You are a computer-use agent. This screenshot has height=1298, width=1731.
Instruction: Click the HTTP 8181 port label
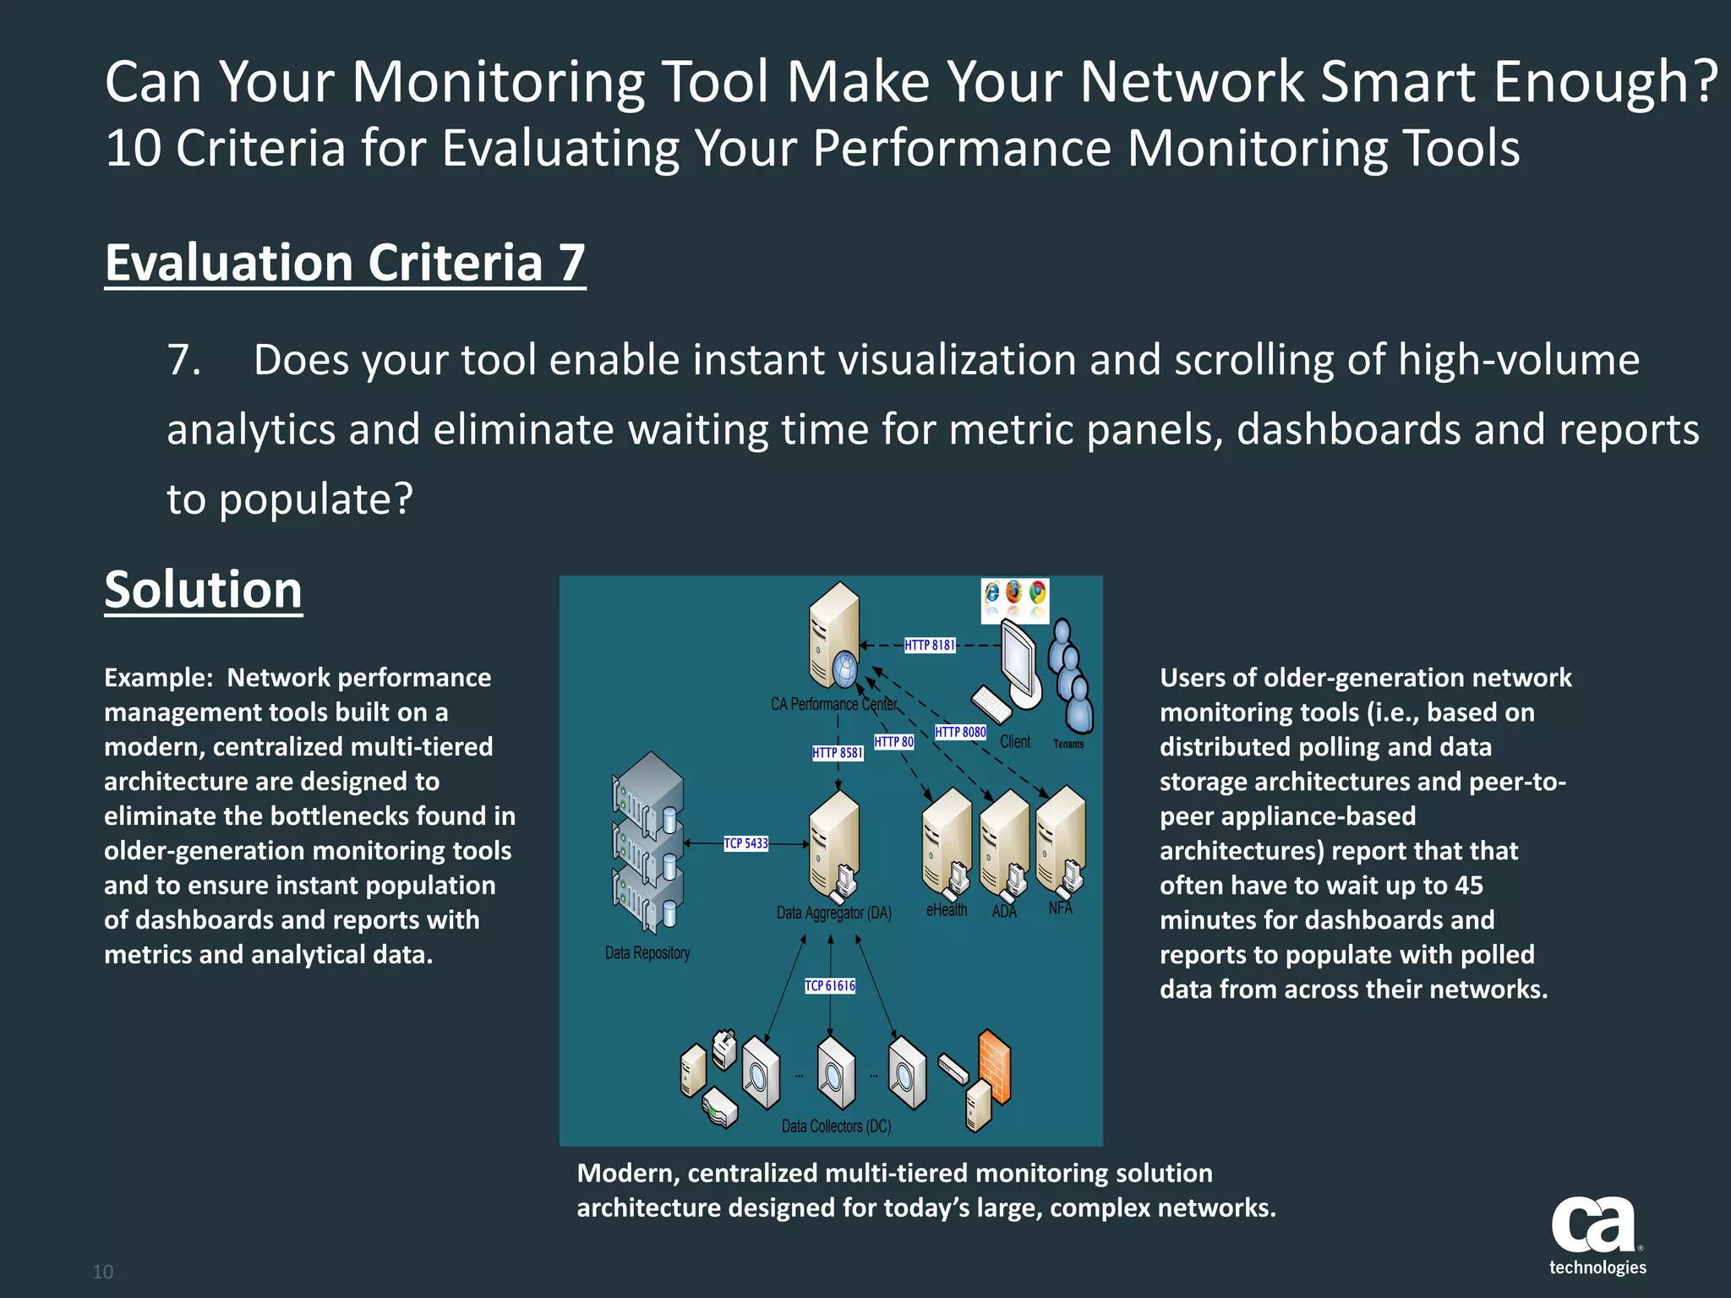click(x=930, y=645)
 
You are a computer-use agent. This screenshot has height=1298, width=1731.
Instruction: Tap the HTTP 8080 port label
click(x=960, y=732)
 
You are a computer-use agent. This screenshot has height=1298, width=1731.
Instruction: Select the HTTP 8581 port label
click(x=838, y=752)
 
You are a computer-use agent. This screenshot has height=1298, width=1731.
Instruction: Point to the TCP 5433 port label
click(x=745, y=843)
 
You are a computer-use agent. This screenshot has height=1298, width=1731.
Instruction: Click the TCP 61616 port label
click(x=830, y=985)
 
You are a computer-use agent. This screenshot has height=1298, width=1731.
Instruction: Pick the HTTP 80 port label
click(x=893, y=742)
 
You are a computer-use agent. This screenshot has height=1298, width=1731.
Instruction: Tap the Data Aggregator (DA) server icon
click(x=834, y=845)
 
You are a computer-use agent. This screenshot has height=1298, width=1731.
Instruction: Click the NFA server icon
click(x=1061, y=839)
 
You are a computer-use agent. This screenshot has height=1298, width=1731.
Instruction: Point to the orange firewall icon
click(x=995, y=1066)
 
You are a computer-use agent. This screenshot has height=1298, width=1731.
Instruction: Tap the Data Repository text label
click(x=647, y=953)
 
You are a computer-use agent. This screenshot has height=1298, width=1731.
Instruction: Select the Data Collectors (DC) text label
click(x=836, y=1126)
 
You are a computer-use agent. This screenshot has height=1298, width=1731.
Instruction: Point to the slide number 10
click(x=102, y=1272)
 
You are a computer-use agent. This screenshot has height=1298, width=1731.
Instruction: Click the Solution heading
click(x=203, y=589)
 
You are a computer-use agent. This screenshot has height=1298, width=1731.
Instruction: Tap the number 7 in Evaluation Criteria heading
click(x=571, y=263)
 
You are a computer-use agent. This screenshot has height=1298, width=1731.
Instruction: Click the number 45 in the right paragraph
click(x=1468, y=886)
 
